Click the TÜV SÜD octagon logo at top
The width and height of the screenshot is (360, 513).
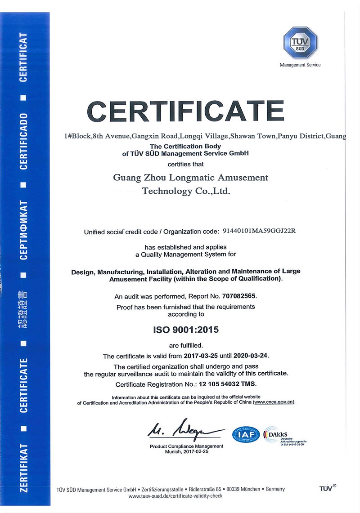(300, 42)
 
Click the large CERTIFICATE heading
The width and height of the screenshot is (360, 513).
(185, 112)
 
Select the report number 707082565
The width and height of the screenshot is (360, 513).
(239, 297)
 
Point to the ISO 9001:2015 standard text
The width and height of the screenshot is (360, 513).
(186, 330)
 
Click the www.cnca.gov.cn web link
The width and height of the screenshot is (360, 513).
(274, 402)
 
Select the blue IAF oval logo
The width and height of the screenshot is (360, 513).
(246, 435)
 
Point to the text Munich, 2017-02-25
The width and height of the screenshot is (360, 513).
(186, 451)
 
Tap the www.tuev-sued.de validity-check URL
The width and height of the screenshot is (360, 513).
(175, 496)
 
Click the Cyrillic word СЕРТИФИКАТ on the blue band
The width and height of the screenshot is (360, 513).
(24, 230)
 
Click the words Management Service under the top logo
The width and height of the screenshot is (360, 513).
(300, 65)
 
